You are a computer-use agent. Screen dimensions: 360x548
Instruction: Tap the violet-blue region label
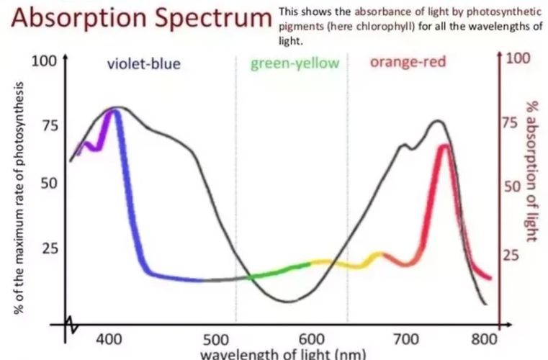pyautogui.click(x=144, y=64)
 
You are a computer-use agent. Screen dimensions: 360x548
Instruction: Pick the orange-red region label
pyautogui.click(x=408, y=62)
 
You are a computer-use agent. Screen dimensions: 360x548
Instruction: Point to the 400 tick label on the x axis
pyautogui.click(x=110, y=338)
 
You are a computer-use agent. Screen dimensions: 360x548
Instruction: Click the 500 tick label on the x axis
pyautogui.click(x=215, y=339)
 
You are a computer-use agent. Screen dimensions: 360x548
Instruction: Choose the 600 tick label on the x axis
pyautogui.click(x=313, y=339)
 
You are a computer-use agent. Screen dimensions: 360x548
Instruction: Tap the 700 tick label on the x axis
pyautogui.click(x=408, y=339)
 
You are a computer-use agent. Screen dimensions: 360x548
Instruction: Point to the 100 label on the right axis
pyautogui.click(x=517, y=58)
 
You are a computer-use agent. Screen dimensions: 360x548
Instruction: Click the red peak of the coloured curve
pyautogui.click(x=444, y=148)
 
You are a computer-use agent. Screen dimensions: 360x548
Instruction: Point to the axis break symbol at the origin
pyautogui.click(x=71, y=325)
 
